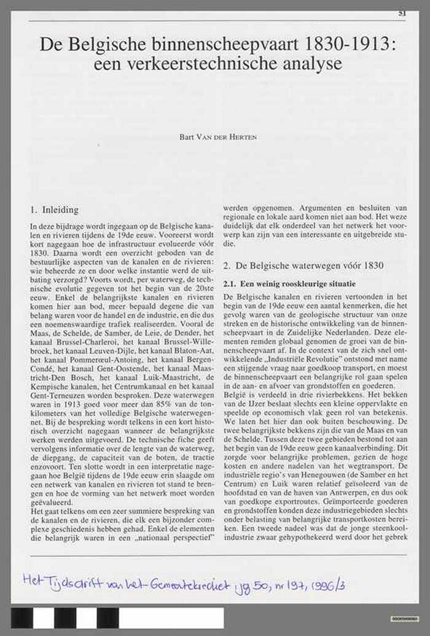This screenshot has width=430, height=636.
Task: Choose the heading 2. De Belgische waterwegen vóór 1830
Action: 303,265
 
